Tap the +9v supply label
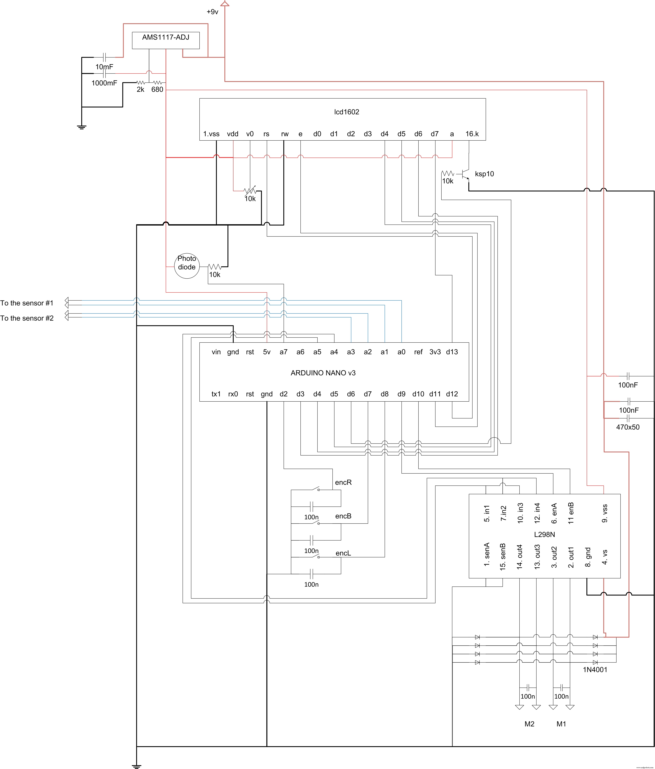212,12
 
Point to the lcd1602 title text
346,112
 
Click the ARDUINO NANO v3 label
323,373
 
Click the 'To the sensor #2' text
27,318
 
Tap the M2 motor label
529,724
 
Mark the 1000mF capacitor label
104,83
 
